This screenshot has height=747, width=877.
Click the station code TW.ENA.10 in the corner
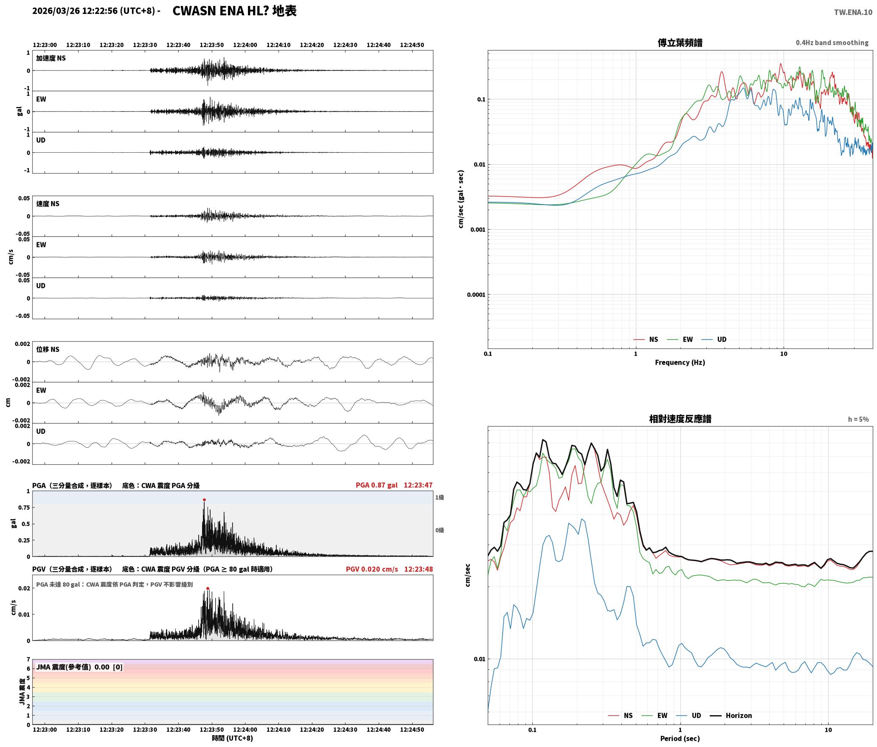[x=853, y=12]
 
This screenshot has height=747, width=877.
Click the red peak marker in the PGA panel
[x=204, y=500]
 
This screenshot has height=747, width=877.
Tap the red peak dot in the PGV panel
[x=208, y=588]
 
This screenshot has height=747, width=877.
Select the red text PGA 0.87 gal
[x=377, y=485]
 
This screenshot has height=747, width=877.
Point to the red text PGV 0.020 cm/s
[x=372, y=569]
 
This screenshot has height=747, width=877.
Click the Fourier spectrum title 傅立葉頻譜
[x=680, y=42]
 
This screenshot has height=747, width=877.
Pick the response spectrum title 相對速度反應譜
[x=680, y=418]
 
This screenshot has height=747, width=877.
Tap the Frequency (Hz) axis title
[x=680, y=362]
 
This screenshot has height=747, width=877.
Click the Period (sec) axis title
[x=680, y=738]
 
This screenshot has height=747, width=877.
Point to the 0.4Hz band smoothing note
[x=832, y=42]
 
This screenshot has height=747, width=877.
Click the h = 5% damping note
[x=858, y=419]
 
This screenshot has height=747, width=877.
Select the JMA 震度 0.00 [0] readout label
[x=79, y=667]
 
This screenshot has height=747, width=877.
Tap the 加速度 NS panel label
[x=51, y=58]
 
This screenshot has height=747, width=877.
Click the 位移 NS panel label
[x=48, y=349]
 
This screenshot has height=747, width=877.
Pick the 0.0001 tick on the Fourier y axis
[x=476, y=295]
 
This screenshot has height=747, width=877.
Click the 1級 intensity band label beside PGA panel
[x=439, y=497]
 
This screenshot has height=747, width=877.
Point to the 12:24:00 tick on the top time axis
[x=245, y=45]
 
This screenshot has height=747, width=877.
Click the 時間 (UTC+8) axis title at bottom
[x=233, y=738]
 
